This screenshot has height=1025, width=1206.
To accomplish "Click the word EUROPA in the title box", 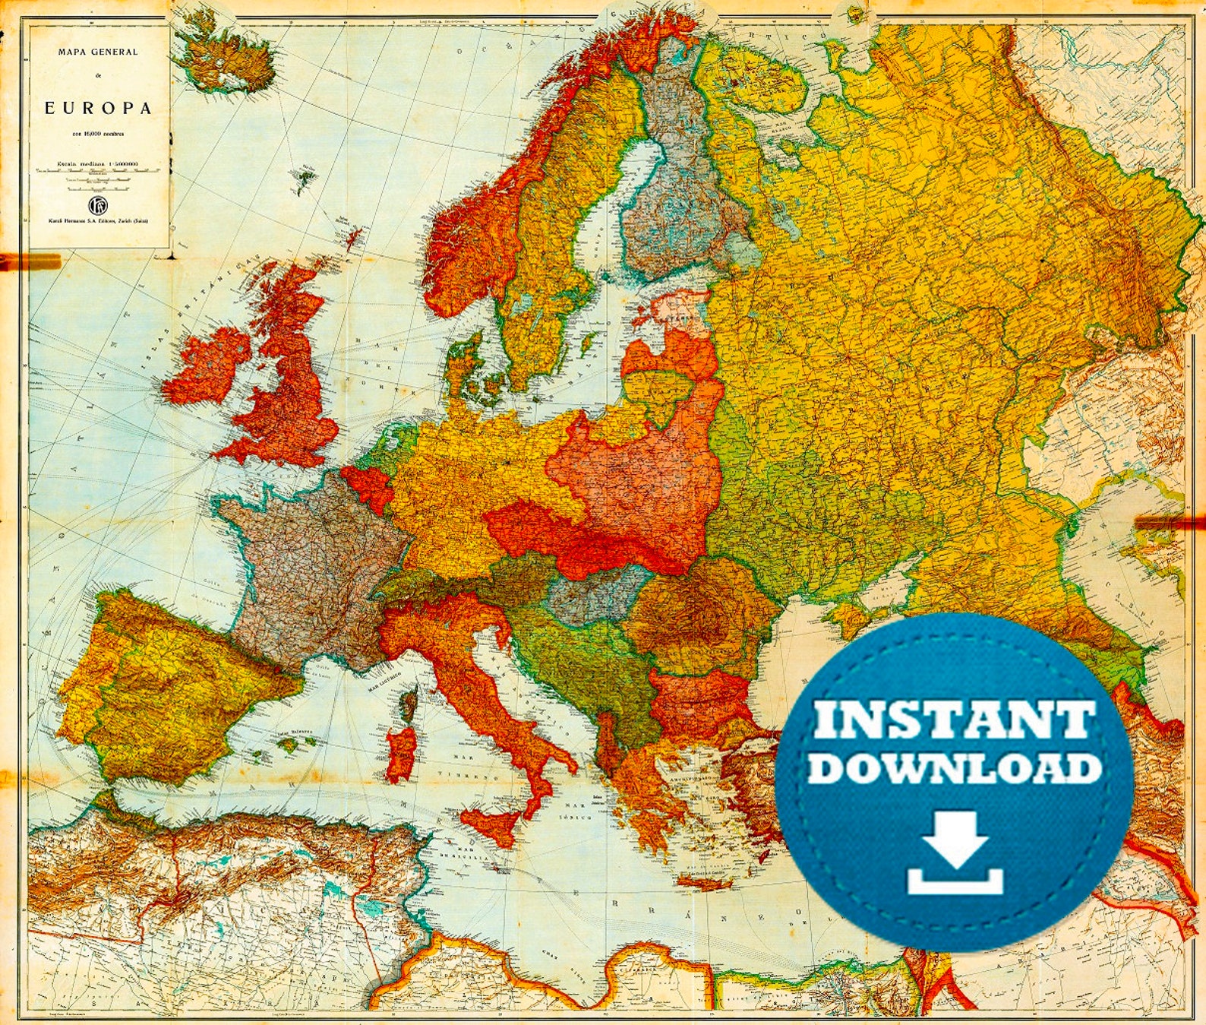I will coord(98,108).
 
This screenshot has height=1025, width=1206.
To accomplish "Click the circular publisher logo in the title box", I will coord(97,204).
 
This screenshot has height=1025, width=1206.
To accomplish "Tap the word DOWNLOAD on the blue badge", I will coord(954,768).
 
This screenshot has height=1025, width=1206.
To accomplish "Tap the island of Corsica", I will coord(409,704).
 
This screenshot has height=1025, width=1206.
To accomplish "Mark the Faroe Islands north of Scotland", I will coord(306,179).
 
